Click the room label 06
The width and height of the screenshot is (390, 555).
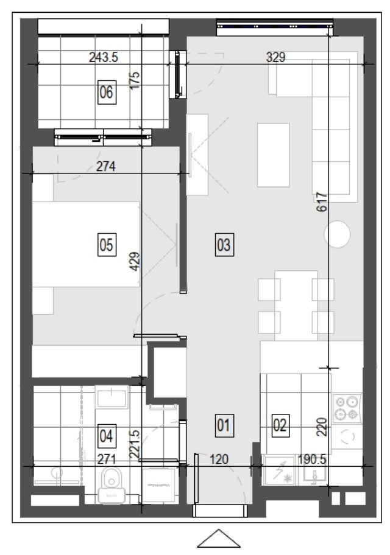[x=107, y=92]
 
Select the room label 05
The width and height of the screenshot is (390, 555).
[x=107, y=245]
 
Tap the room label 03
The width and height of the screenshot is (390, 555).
[x=224, y=245]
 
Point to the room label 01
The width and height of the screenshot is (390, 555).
[x=224, y=425]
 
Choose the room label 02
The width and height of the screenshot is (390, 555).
[x=280, y=425]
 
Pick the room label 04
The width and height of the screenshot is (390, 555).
[x=107, y=436]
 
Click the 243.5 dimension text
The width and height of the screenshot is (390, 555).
[x=104, y=57]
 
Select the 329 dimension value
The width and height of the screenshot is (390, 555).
[x=276, y=57]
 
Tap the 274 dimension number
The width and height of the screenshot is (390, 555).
[x=105, y=166]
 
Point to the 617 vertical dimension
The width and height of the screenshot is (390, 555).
[x=322, y=202]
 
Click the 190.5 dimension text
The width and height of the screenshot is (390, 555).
[x=312, y=459]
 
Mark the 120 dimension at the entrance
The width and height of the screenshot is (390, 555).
[x=219, y=459]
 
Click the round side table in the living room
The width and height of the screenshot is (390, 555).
[x=337, y=234]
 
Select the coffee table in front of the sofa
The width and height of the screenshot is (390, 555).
[x=274, y=155]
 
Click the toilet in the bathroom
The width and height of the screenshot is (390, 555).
[x=112, y=485]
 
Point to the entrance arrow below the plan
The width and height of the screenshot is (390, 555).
[x=219, y=538]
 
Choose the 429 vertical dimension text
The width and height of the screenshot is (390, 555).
[x=135, y=262]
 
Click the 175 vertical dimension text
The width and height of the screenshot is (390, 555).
[x=135, y=81]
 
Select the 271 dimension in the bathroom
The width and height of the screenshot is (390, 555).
[x=107, y=459]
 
